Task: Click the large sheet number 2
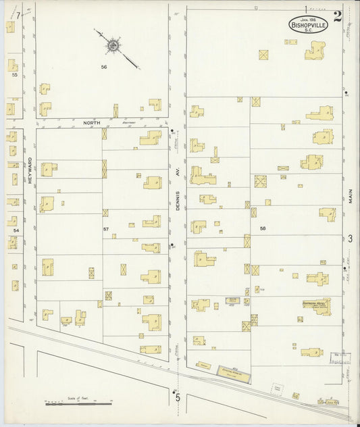pos(337,16)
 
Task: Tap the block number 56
pos(104,67)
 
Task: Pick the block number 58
pos(263,229)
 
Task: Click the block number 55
pos(14,75)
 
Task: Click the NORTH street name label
pos(91,123)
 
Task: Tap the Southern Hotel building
pos(315,305)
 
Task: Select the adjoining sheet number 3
pos(350,238)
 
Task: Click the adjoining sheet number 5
pos(179,397)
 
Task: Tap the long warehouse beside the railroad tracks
pos(232,371)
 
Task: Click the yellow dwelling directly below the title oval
pos(315,51)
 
